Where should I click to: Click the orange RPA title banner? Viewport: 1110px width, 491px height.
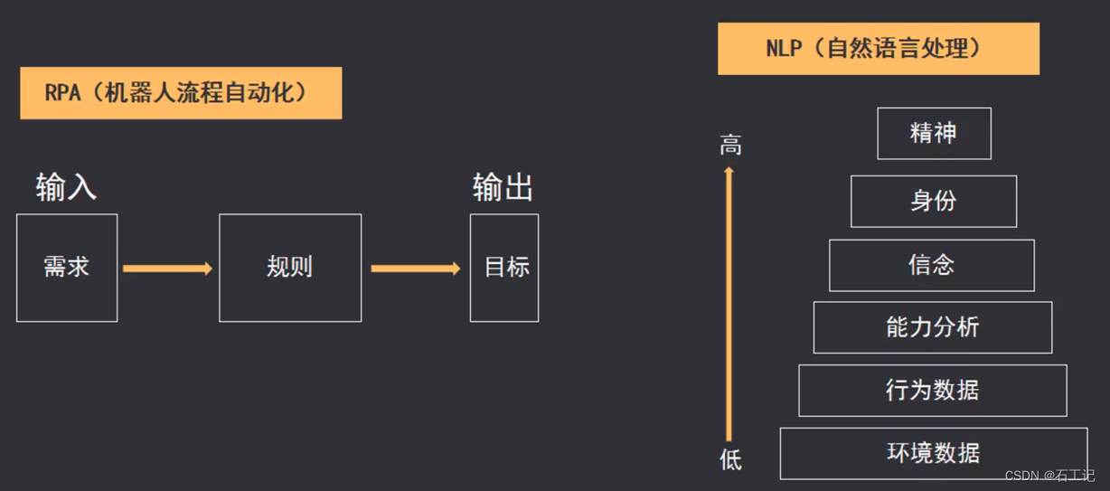(x=181, y=92)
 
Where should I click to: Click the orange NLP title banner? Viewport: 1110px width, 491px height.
(x=878, y=49)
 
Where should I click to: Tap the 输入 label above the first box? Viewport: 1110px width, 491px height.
(x=66, y=187)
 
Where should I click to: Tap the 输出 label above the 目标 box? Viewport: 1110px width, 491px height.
(x=503, y=187)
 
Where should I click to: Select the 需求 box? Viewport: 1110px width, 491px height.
(x=67, y=268)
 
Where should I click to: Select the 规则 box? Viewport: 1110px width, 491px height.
(x=290, y=268)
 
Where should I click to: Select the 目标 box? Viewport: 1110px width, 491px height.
(x=504, y=268)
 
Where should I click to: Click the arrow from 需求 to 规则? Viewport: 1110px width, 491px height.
(x=167, y=269)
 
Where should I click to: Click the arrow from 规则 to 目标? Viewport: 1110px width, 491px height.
(x=415, y=269)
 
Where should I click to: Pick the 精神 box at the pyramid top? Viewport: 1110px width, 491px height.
(x=934, y=134)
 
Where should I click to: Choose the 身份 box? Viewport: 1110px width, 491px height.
(x=934, y=201)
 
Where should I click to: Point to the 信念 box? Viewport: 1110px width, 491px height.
(x=931, y=265)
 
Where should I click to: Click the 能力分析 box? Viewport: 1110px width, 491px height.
(x=932, y=327)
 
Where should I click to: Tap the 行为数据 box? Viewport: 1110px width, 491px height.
(x=932, y=391)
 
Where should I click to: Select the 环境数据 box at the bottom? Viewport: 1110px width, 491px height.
(x=933, y=453)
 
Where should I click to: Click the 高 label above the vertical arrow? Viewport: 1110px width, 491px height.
(x=730, y=145)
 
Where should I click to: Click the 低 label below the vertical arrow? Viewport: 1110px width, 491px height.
(x=730, y=460)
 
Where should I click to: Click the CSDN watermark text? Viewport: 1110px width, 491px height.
(x=1049, y=476)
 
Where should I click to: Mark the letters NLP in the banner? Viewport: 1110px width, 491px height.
(x=784, y=49)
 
